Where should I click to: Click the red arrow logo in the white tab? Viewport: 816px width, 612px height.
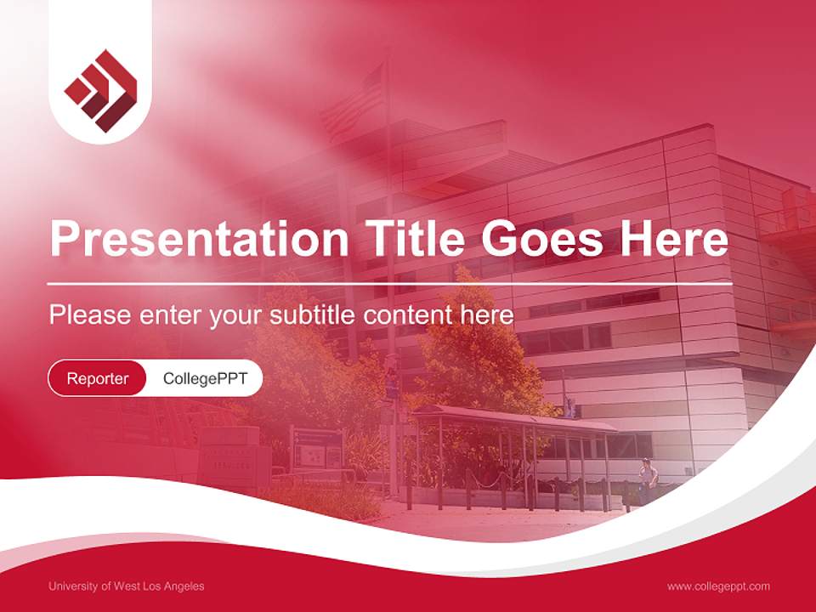coord(100,90)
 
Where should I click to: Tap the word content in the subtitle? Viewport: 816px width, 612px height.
coord(409,315)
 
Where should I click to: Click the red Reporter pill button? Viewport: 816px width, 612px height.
coord(98,378)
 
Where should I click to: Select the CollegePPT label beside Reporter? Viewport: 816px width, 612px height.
coord(205,378)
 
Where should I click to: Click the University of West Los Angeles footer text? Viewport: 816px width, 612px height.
coord(126,586)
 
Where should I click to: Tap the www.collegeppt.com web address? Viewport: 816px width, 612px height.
coord(718,586)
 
